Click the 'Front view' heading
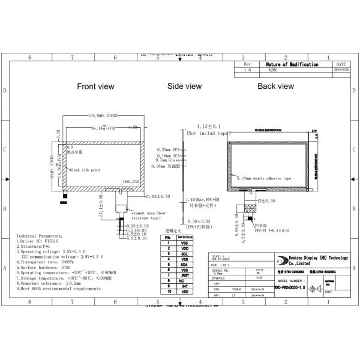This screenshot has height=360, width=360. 95,86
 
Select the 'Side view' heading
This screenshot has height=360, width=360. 184,86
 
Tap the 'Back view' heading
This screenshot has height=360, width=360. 275,86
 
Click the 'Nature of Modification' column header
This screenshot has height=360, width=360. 292,64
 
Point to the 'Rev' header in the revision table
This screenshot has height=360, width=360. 247,64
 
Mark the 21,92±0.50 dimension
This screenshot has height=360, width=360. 158,196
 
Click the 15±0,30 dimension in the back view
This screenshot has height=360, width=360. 265,200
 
